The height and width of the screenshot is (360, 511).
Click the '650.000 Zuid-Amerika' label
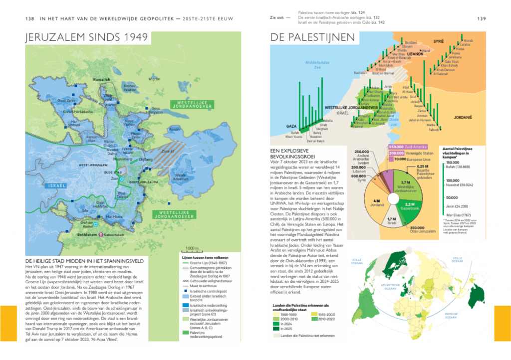tap(404, 147)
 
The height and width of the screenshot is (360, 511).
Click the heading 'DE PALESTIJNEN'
tap(312, 37)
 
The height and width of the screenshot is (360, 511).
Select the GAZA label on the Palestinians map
tap(291, 126)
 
